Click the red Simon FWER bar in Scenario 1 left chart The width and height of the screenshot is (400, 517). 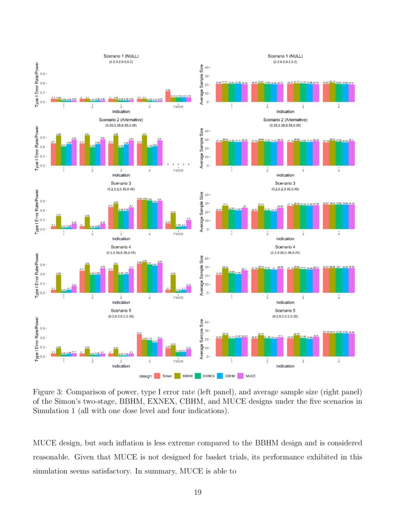168,96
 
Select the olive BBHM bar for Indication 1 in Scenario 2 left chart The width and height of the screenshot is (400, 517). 58,151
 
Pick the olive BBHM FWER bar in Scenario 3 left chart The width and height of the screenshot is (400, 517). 173,221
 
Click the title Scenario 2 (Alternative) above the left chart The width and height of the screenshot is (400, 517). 121,120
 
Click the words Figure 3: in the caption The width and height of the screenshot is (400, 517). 46,392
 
